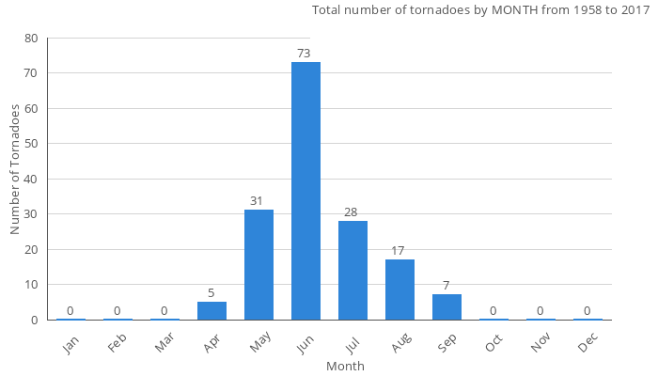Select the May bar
tap(258, 264)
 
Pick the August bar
tap(399, 290)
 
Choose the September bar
tap(446, 306)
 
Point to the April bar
tap(211, 310)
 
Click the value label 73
tap(304, 54)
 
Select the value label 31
tap(257, 201)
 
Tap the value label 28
tap(351, 212)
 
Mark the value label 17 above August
tap(398, 251)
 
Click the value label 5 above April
tap(211, 292)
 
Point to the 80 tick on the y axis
tap(32, 39)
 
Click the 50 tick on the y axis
tap(32, 144)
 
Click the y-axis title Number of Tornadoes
tap(15, 169)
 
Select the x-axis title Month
tap(345, 366)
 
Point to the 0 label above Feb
tap(117, 311)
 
